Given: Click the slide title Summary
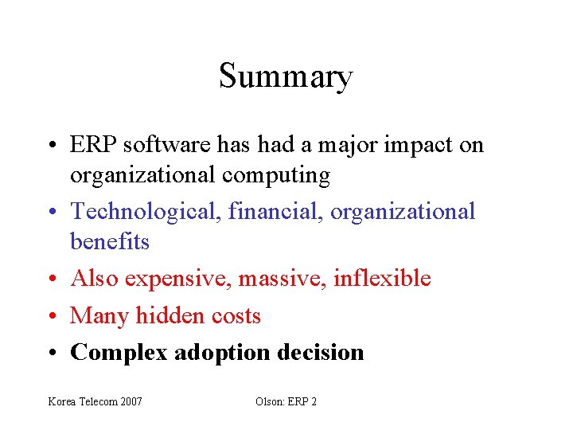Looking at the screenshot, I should click(286, 76).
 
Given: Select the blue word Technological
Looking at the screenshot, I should click(146, 211).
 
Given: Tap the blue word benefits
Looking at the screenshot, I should click(110, 241).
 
